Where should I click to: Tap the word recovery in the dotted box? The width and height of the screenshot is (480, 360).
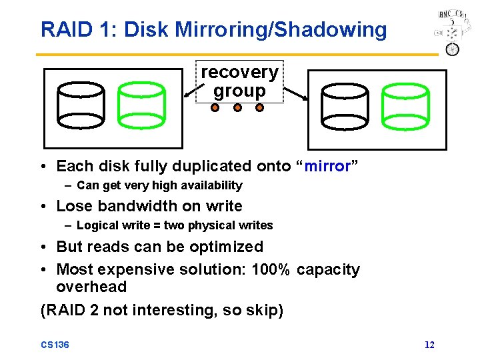(x=239, y=71)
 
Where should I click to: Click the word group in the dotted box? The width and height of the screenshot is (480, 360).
(x=239, y=91)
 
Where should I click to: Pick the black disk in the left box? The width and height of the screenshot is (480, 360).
(x=81, y=105)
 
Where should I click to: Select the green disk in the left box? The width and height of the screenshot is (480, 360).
(x=141, y=105)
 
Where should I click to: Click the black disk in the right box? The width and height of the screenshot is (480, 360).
(x=344, y=105)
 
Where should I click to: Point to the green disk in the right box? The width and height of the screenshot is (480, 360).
(x=405, y=105)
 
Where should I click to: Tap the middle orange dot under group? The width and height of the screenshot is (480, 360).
(x=237, y=107)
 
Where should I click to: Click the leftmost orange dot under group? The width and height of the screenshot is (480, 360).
(x=216, y=107)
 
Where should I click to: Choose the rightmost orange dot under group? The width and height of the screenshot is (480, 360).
(x=259, y=107)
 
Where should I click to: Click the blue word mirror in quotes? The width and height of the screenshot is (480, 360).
(x=328, y=166)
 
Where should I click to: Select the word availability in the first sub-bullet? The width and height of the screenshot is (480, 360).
(x=209, y=185)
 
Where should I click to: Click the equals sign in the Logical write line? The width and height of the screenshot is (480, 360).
(x=158, y=225)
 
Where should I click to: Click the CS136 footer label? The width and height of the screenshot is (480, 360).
(x=55, y=345)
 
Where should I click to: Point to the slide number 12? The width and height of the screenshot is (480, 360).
(x=429, y=345)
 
